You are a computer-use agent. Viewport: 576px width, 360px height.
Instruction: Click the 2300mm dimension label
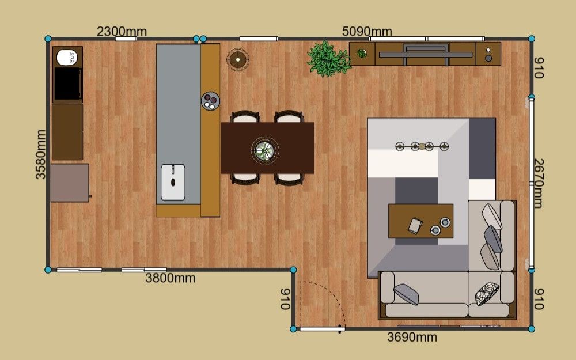[122, 32]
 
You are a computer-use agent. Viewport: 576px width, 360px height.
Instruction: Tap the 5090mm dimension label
[367, 32]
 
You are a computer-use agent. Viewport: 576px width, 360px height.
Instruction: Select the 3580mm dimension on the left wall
[41, 154]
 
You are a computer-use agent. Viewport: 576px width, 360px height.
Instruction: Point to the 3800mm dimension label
[170, 278]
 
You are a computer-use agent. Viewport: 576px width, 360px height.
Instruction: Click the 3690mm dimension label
[412, 337]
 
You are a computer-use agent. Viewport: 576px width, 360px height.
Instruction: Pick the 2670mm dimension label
[538, 183]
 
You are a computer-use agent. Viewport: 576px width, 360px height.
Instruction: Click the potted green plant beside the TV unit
[328, 59]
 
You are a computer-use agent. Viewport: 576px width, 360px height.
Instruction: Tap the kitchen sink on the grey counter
[173, 182]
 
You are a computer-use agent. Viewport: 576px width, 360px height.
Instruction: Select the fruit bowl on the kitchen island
[210, 101]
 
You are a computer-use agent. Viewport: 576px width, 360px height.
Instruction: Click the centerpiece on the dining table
[265, 150]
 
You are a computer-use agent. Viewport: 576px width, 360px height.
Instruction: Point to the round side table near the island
[238, 59]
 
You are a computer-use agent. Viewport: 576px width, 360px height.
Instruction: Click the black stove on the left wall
[67, 84]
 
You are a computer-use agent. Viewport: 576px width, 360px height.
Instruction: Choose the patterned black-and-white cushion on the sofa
[487, 294]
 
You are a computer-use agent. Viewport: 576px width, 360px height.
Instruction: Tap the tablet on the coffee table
[415, 226]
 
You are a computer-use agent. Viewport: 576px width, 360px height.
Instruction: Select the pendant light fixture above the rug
[422, 146]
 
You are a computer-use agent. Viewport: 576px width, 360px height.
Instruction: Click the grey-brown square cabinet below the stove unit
[70, 183]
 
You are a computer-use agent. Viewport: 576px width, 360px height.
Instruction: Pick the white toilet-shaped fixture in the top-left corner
[67, 58]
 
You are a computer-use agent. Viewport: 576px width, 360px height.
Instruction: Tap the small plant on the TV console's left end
[362, 54]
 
